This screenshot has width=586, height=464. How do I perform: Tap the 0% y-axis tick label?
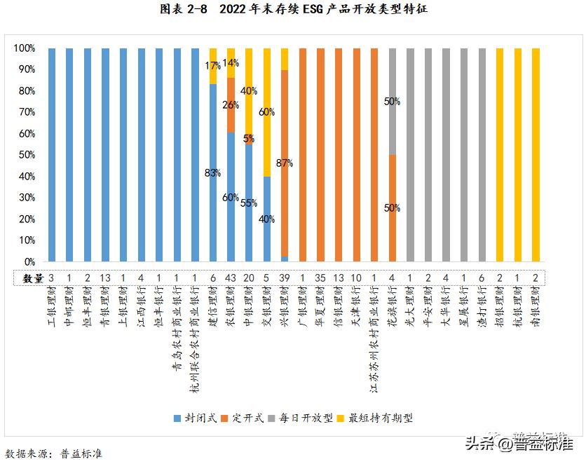pyautogui.click(x=28, y=261)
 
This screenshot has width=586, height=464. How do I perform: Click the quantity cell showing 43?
pyautogui.click(x=231, y=278)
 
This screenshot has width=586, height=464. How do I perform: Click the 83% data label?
pyautogui.click(x=213, y=172)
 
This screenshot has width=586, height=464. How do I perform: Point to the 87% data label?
pyautogui.click(x=285, y=163)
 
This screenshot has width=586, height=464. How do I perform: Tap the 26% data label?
pyautogui.click(x=231, y=104)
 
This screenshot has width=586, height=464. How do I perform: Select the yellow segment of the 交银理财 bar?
pyautogui.click(x=267, y=112)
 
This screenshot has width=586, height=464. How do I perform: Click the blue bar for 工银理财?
pyautogui.click(x=52, y=155)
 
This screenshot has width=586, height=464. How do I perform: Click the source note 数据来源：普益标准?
pyautogui.click(x=55, y=453)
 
